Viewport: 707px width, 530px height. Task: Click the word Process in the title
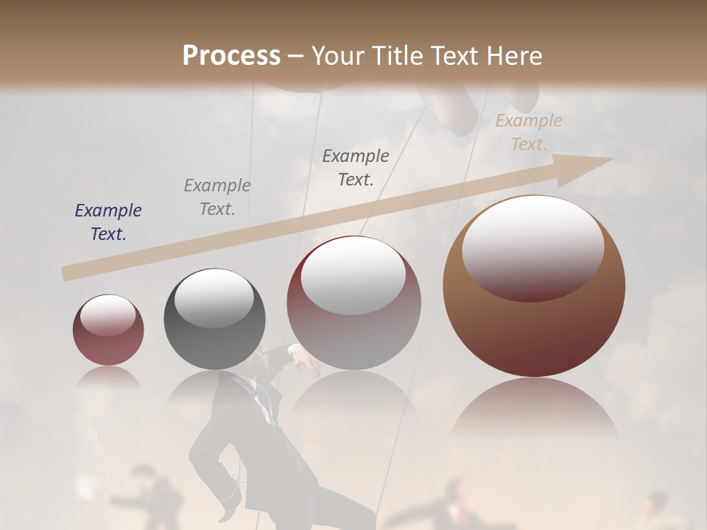(x=231, y=56)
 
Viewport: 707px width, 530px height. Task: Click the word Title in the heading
(x=395, y=56)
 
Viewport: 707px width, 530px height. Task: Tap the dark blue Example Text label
(x=108, y=222)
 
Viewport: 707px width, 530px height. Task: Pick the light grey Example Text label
(x=217, y=197)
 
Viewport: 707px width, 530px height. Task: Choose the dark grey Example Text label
(x=356, y=168)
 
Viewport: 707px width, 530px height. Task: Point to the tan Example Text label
(x=529, y=132)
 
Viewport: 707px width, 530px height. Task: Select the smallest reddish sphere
(x=108, y=331)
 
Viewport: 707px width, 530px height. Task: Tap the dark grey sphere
(x=214, y=319)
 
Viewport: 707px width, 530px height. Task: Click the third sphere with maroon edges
(x=353, y=303)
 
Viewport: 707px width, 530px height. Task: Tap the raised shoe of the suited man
(x=228, y=508)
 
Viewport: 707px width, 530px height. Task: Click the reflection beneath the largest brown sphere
(x=534, y=412)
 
